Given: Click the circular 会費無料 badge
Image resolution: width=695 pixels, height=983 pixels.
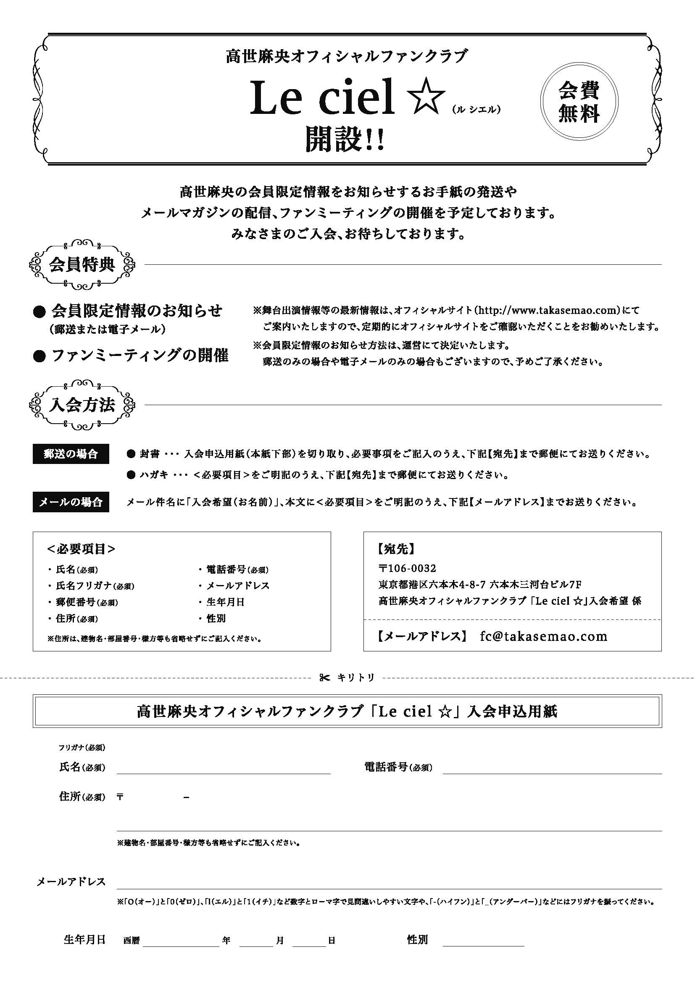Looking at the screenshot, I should click(579, 102).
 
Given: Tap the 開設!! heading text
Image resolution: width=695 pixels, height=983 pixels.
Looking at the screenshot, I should click(345, 140).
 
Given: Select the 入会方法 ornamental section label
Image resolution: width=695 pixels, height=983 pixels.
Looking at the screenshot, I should click(82, 405).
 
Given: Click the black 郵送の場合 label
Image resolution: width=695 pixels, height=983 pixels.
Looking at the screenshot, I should click(71, 454).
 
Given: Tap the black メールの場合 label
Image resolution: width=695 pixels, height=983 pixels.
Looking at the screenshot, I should click(71, 502).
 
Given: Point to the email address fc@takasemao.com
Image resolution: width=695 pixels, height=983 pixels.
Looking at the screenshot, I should click(543, 636).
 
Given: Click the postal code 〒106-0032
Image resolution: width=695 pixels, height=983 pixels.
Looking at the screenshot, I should click(408, 569).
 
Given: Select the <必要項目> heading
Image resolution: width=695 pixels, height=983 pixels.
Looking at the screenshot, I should click(82, 549).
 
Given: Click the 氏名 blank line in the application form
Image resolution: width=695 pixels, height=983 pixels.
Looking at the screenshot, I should click(224, 771).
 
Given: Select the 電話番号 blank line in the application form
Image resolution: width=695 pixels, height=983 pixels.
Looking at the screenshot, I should click(552, 771).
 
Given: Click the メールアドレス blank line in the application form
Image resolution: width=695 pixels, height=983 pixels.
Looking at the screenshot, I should click(390, 885).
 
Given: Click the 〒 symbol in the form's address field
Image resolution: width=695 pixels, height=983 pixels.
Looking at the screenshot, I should click(120, 798).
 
